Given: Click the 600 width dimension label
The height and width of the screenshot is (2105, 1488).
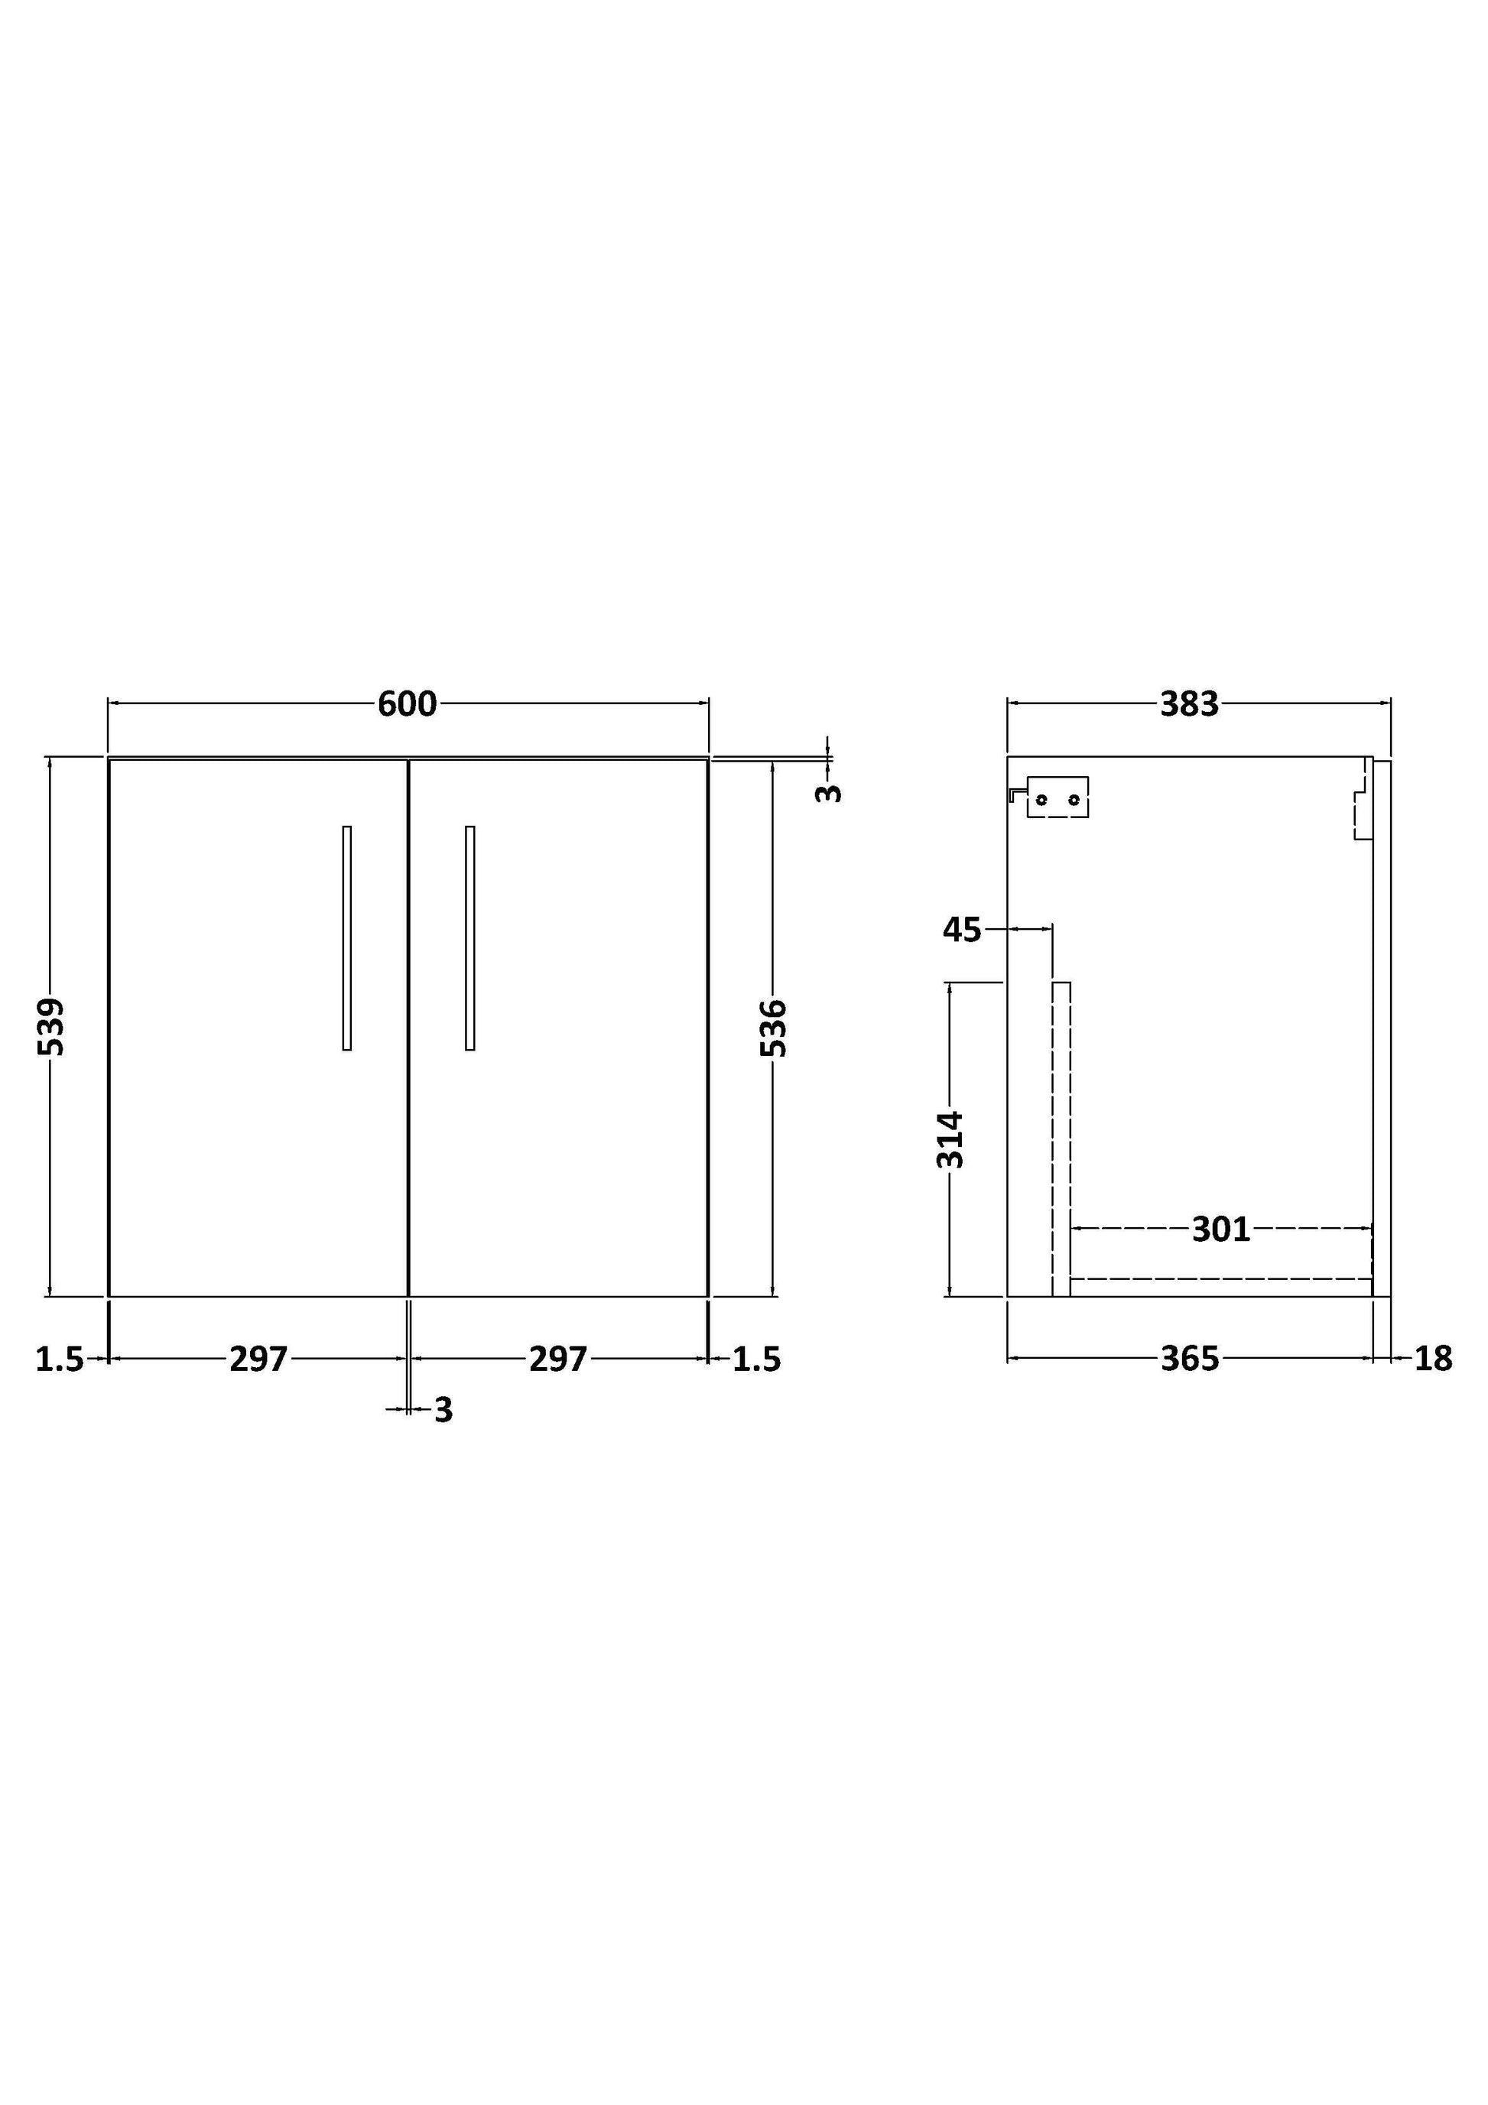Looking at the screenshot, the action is pyautogui.click(x=407, y=704).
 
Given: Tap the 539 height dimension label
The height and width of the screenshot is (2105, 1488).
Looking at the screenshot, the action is pyautogui.click(x=51, y=1026).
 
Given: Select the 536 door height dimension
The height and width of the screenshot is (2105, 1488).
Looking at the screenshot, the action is pyautogui.click(x=774, y=1028).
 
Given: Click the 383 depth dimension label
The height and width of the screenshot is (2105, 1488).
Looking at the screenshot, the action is pyautogui.click(x=1189, y=704).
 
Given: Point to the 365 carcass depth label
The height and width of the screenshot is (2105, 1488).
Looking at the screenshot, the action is pyautogui.click(x=1190, y=1359).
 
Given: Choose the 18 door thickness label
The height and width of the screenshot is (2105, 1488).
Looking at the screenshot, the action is pyautogui.click(x=1433, y=1359).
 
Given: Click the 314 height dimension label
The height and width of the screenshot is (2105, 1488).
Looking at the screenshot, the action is pyautogui.click(x=950, y=1139).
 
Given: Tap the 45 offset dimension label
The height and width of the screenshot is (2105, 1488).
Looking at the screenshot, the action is pyautogui.click(x=962, y=930).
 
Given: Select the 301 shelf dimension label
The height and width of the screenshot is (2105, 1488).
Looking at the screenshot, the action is pyautogui.click(x=1221, y=1230).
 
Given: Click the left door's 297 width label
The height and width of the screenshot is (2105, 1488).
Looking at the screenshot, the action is pyautogui.click(x=258, y=1359).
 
